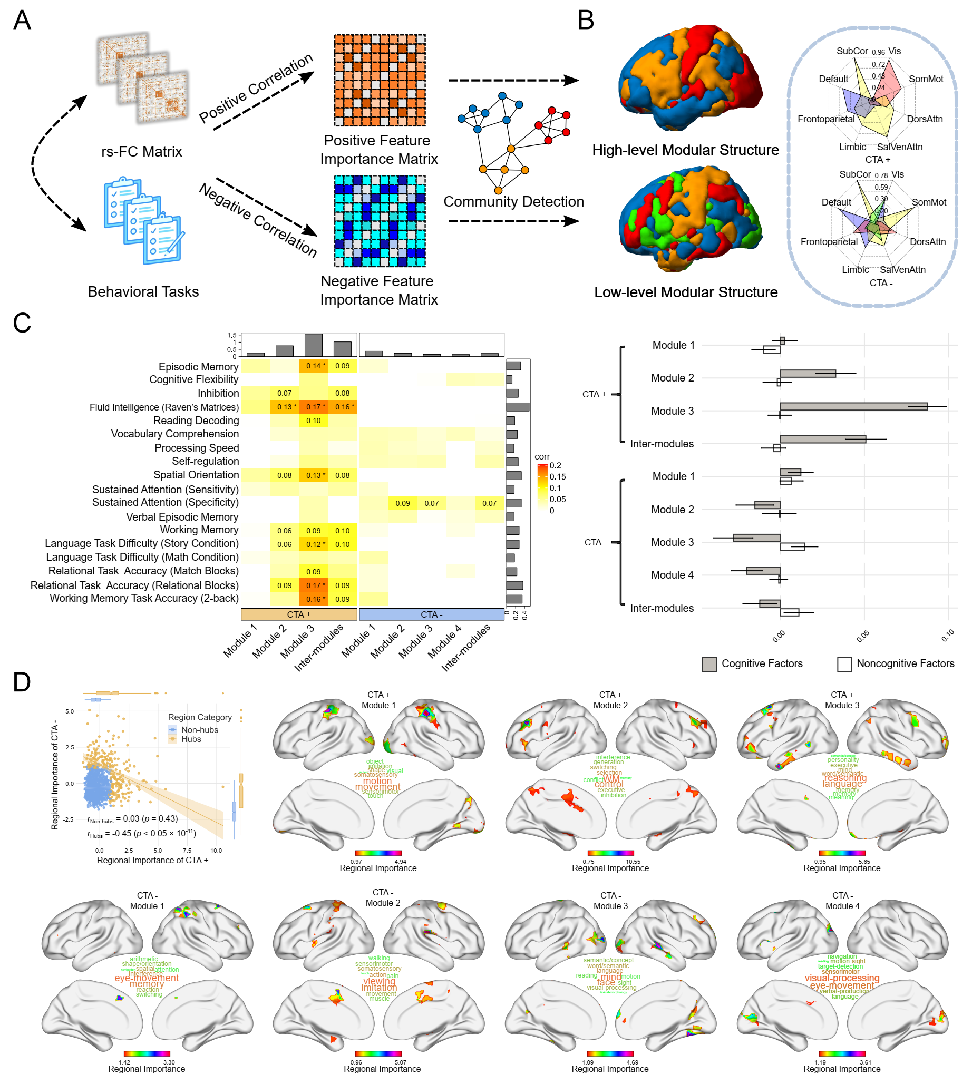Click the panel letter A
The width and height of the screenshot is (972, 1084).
pyautogui.click(x=22, y=21)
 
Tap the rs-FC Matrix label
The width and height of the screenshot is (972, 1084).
pyautogui.click(x=141, y=152)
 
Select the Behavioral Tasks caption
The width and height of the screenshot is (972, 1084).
pyautogui.click(x=143, y=291)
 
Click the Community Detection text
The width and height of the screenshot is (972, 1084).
pyautogui.click(x=513, y=201)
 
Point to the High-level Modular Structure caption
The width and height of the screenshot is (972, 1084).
pyautogui.click(x=685, y=150)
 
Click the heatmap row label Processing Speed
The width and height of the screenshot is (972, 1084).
pyautogui.click(x=197, y=448)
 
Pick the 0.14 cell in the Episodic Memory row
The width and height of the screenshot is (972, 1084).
pyautogui.click(x=314, y=366)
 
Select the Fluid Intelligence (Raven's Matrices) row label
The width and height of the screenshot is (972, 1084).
pyautogui.click(x=164, y=407)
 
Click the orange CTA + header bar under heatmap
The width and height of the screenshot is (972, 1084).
pyautogui.click(x=298, y=614)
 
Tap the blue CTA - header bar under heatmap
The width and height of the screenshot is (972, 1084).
pyautogui.click(x=431, y=614)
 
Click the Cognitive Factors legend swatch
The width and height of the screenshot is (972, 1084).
pyautogui.click(x=708, y=664)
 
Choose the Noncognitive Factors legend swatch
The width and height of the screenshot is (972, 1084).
pyautogui.click(x=844, y=664)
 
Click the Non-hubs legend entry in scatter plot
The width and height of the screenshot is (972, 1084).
pyautogui.click(x=199, y=730)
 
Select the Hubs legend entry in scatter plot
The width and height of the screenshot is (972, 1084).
pyautogui.click(x=191, y=739)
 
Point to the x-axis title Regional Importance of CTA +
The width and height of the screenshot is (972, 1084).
pyautogui.click(x=152, y=860)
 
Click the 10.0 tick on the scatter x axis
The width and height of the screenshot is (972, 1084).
pyautogui.click(x=216, y=851)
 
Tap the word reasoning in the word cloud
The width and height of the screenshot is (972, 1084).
pyautogui.click(x=845, y=778)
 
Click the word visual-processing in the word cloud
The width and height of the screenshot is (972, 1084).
pyautogui.click(x=842, y=978)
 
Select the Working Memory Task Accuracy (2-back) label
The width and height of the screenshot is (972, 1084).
pyautogui.click(x=144, y=599)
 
